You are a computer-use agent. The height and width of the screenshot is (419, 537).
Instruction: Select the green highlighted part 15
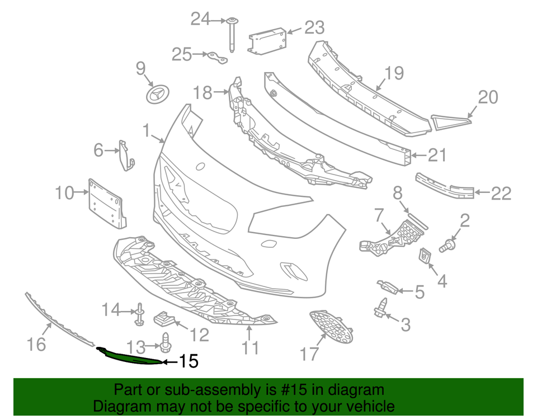(131, 356)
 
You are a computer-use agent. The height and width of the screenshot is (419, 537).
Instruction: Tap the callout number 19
(394, 73)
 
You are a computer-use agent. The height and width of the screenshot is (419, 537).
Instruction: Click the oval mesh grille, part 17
(331, 327)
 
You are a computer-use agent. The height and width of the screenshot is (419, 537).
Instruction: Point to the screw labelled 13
(166, 341)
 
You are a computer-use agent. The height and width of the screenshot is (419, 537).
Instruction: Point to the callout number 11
(250, 347)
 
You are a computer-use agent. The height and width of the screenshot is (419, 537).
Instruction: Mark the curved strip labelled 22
(446, 187)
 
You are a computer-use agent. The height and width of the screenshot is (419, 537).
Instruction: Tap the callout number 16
(36, 343)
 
